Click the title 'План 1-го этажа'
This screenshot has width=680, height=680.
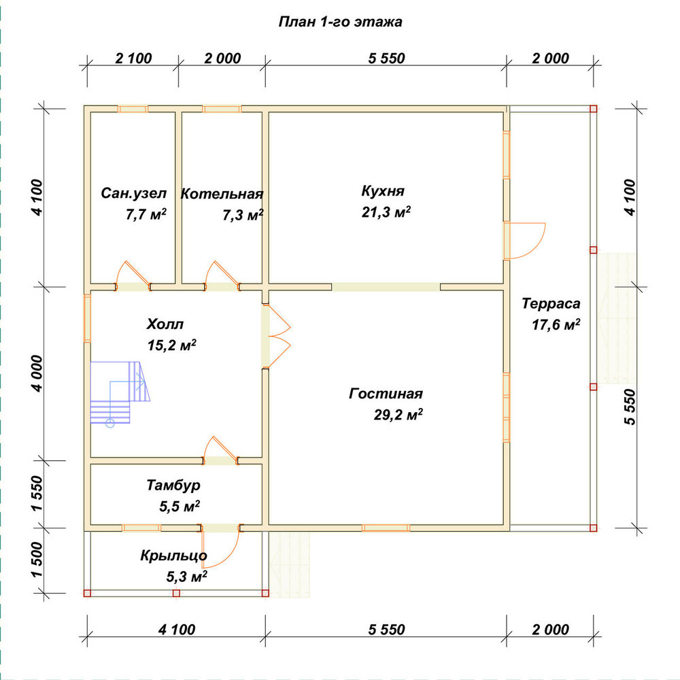pyautogui.click(x=340, y=22)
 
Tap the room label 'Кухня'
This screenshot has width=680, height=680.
pyautogui.click(x=383, y=191)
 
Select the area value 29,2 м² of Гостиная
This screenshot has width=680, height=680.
pyautogui.click(x=398, y=415)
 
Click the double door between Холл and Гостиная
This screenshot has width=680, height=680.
pyautogui.click(x=277, y=337)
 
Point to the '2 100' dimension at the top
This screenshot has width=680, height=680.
pyautogui.click(x=133, y=58)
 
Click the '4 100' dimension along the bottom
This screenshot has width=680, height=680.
pyautogui.click(x=177, y=629)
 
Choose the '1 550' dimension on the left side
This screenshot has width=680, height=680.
pyautogui.click(x=37, y=494)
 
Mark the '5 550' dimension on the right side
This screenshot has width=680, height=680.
pyautogui.click(x=630, y=407)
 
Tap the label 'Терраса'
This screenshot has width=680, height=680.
pyautogui.click(x=551, y=303)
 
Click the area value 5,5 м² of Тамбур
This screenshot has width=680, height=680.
pyautogui.click(x=180, y=506)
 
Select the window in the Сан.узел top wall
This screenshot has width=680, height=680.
pyautogui.click(x=133, y=109)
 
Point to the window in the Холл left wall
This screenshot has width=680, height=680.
pyautogui.click(x=87, y=318)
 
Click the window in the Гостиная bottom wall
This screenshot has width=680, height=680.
pyautogui.click(x=386, y=528)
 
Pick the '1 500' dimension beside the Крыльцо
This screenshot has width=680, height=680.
pyautogui.click(x=37, y=560)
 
